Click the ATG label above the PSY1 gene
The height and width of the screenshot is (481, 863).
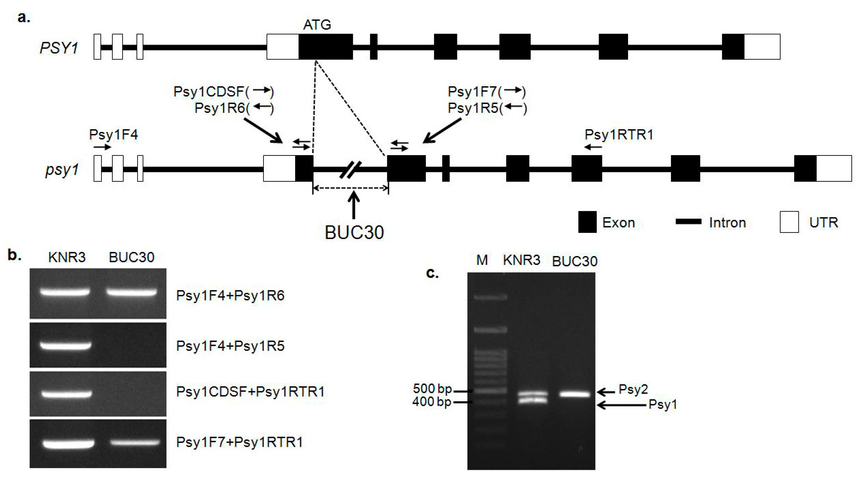tap(317, 25)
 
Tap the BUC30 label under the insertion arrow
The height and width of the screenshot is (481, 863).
tap(354, 232)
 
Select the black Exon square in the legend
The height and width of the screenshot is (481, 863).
tap(587, 222)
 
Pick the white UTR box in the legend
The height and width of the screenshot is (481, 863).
tap(789, 222)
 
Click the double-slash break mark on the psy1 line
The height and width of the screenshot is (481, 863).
tap(350, 170)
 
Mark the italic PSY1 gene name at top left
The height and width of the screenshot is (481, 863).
tap(59, 48)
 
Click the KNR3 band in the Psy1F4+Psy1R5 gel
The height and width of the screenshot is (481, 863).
tap(66, 345)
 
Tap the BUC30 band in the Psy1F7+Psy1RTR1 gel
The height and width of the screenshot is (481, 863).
tap(135, 443)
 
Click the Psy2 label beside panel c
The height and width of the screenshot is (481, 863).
tap(633, 389)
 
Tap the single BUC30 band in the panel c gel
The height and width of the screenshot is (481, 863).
tap(575, 395)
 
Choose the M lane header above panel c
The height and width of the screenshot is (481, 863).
tap(482, 260)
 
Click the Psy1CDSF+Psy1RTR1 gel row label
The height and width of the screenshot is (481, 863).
tap(250, 392)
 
